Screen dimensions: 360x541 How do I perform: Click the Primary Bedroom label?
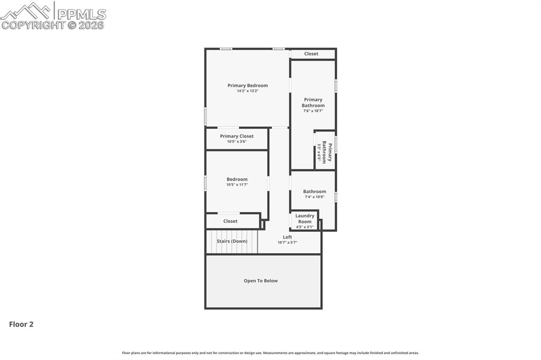click(247, 86)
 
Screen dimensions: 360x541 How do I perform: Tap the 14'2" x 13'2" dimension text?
click(247, 91)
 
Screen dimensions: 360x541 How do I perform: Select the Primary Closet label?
click(237, 136)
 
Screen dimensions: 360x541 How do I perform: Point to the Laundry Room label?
click(305, 219)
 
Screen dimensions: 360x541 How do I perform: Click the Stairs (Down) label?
click(232, 241)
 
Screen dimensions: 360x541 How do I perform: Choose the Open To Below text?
click(260, 281)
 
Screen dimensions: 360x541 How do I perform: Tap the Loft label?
click(287, 237)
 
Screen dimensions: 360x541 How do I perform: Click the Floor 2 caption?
click(21, 325)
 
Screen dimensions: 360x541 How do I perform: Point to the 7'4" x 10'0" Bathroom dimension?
click(314, 197)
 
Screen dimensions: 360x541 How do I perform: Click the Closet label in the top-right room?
click(311, 54)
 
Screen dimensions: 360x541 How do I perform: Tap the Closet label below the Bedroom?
click(230, 221)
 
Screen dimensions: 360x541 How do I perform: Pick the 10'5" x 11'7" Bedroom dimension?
click(237, 185)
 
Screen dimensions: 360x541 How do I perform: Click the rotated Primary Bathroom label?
click(327, 153)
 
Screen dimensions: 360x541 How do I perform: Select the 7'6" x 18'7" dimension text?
click(313, 111)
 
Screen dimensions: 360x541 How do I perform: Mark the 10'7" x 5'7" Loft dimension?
click(287, 243)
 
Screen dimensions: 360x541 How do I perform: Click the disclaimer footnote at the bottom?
click(270, 353)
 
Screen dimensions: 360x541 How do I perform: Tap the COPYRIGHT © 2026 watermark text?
click(53, 25)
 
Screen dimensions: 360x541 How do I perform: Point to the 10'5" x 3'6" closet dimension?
click(237, 141)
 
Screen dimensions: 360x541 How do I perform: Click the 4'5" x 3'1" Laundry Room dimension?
click(305, 227)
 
